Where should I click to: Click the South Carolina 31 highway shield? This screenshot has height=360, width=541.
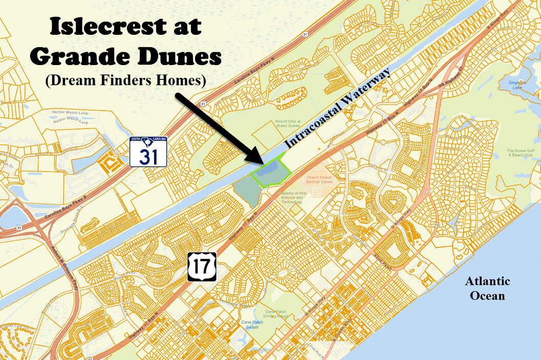(x=148, y=152)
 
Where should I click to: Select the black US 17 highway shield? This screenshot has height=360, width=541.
(x=202, y=266)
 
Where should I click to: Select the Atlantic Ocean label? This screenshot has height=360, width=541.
(x=487, y=288)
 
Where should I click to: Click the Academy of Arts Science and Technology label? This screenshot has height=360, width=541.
(x=291, y=197)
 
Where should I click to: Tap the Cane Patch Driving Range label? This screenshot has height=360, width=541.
(x=277, y=313)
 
